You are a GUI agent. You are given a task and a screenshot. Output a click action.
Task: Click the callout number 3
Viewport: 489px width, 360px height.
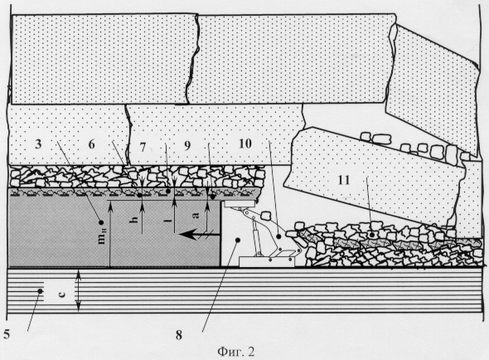click(38, 144)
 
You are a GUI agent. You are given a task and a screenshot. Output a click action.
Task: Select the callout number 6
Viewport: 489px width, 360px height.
click(91, 144)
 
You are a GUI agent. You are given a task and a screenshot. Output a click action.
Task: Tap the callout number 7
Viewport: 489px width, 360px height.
click(143, 147)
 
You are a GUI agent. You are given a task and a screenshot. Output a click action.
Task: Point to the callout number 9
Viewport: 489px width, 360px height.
click(187, 146)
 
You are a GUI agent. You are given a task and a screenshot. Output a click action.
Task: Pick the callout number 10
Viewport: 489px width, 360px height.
click(245, 144)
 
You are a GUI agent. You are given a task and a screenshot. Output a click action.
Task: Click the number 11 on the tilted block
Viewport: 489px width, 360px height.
click(344, 180)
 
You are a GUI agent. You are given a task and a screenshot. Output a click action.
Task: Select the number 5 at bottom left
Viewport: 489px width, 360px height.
click(7, 334)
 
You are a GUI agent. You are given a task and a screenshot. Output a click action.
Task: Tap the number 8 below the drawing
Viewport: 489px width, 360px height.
click(179, 335)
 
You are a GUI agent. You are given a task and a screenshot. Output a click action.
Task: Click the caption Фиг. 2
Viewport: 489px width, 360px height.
click(235, 352)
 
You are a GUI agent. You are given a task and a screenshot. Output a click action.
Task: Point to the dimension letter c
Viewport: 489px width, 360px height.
click(62, 293)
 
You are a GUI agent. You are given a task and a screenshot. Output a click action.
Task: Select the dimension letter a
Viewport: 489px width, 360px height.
click(196, 215)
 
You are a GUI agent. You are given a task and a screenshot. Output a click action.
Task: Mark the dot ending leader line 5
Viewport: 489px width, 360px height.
click(41, 291)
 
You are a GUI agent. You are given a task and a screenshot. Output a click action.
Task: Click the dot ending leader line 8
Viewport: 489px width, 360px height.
click(238, 240)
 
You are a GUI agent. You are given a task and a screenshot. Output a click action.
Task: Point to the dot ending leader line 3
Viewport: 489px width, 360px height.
click(101, 222)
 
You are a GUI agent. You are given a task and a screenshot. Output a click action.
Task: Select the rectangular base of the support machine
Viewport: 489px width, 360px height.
click(267, 261)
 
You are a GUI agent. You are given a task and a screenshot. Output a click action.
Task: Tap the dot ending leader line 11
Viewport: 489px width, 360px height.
click(371, 234)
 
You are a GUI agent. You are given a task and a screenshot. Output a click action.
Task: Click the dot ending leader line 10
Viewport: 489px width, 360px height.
click(278, 237)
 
